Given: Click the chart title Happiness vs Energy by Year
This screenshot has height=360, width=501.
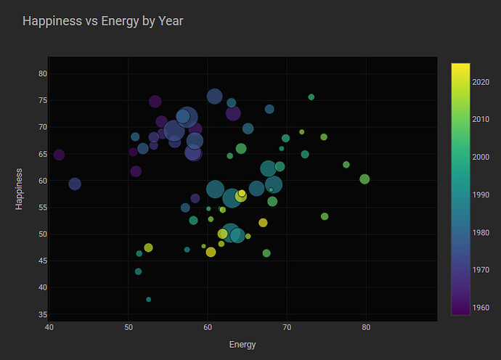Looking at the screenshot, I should tap(102, 21).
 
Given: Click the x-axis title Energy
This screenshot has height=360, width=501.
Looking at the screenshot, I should tap(242, 344).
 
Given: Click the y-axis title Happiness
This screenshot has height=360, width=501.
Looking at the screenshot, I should tap(20, 189).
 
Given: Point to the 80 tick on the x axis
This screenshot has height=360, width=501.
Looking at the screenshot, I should tap(366, 327).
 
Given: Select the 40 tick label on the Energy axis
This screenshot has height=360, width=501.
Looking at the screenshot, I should tap(49, 327).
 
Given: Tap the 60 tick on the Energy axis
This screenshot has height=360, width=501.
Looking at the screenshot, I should tap(208, 327).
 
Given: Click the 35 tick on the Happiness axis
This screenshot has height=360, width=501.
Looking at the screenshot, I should tap(42, 314).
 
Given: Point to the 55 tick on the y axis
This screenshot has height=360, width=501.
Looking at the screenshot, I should tap(42, 208).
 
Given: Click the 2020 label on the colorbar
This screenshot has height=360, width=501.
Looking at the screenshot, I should tap(481, 81).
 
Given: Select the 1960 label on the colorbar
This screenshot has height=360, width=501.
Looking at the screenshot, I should tap(481, 307).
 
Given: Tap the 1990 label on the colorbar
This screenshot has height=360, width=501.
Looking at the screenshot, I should tap(481, 195).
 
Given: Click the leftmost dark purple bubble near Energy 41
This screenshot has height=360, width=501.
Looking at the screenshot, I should tap(59, 155).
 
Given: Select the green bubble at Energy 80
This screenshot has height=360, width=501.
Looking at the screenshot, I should tap(364, 179).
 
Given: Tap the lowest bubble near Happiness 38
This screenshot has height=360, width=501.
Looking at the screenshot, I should tap(149, 299).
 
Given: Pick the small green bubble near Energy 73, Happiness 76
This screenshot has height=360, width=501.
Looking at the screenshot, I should tap(311, 97).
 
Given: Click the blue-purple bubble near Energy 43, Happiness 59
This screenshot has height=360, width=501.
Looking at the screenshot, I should tap(75, 184).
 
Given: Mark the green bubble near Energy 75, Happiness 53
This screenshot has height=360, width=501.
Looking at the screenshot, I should tap(325, 216).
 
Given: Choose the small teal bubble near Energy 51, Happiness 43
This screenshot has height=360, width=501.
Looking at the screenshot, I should tap(138, 271).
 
